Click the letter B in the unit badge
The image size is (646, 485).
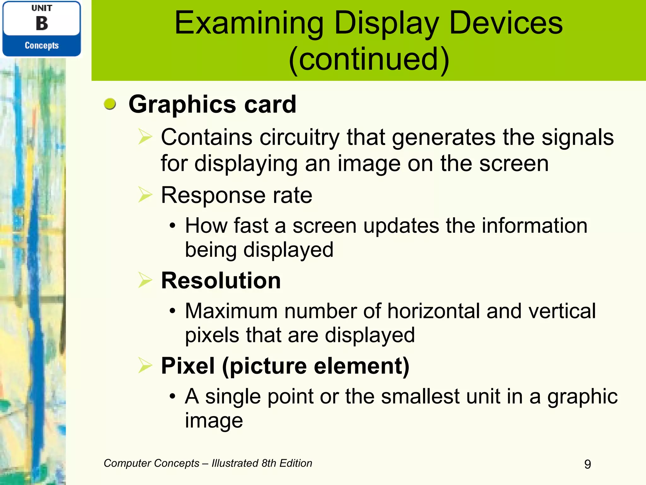click(42, 24)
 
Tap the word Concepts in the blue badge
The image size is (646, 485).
click(42, 45)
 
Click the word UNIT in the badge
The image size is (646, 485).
click(42, 8)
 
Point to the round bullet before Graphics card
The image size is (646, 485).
click(110, 104)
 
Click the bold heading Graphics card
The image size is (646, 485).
click(212, 104)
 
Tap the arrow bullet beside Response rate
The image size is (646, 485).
click(145, 195)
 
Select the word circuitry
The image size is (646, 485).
click(299, 138)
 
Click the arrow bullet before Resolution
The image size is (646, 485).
click(145, 280)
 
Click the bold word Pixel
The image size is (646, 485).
click(188, 366)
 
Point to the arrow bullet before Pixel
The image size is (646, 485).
click(145, 365)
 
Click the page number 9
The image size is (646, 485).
click(587, 464)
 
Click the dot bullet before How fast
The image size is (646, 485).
click(172, 226)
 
